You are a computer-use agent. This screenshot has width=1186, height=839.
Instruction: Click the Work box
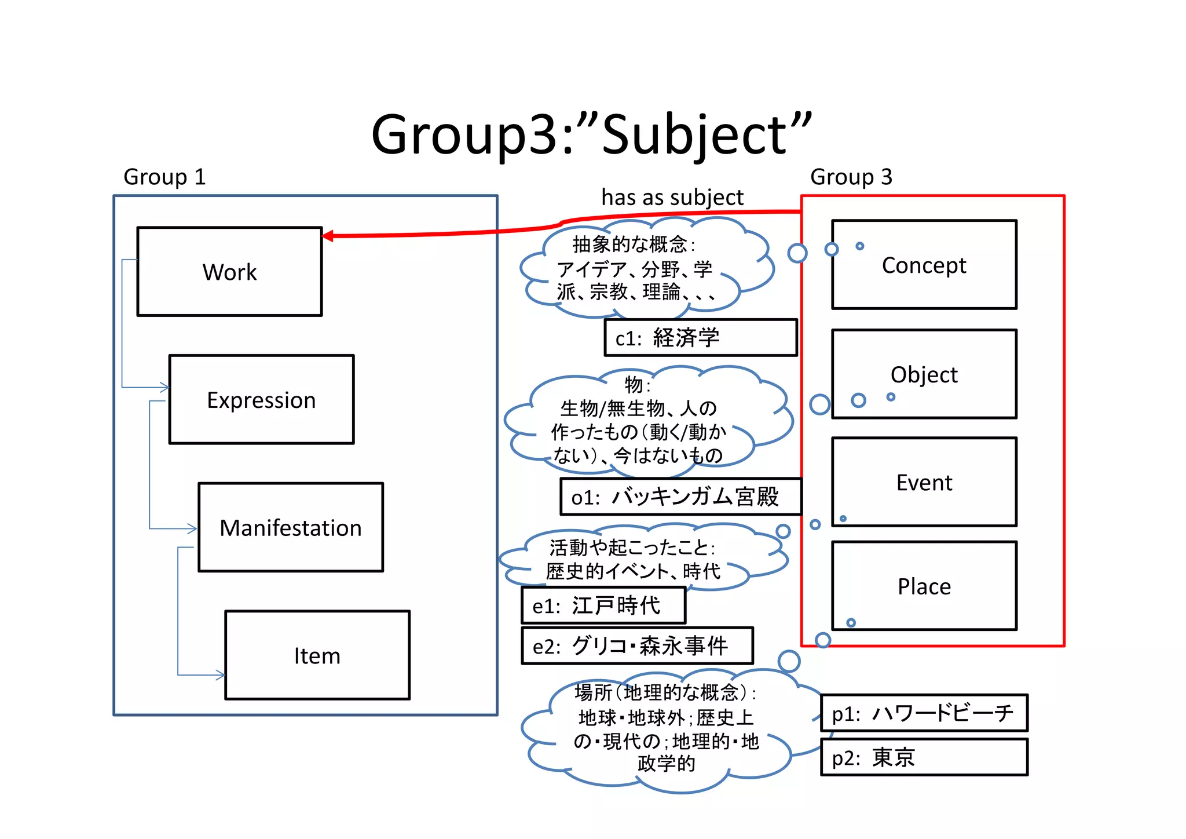(x=229, y=272)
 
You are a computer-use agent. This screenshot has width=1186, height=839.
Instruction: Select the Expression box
(x=261, y=400)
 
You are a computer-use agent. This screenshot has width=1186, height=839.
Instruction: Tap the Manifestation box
(x=290, y=527)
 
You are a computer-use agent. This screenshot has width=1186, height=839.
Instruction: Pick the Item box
(x=317, y=655)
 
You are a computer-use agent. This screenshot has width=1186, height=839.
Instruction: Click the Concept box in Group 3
(x=924, y=265)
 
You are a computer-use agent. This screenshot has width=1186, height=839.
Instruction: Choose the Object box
(x=924, y=374)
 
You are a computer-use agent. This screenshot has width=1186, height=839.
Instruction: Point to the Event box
(x=924, y=482)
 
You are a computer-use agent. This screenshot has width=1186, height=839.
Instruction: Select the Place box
(x=924, y=586)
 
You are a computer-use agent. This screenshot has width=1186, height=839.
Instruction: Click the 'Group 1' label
(x=164, y=177)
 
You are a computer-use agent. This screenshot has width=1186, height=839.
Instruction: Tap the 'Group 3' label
(x=851, y=177)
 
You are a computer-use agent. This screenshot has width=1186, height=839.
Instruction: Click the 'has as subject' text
(x=672, y=198)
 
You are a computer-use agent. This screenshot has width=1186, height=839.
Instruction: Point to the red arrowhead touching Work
(x=328, y=236)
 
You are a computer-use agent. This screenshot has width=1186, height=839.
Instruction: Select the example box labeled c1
(x=700, y=338)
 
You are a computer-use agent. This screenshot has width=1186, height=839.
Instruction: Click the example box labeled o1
(x=680, y=497)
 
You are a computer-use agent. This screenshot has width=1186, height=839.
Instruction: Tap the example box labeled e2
(x=637, y=645)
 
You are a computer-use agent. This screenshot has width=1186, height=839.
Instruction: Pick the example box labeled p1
(x=924, y=713)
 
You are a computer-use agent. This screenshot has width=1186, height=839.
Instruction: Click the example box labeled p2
(x=924, y=757)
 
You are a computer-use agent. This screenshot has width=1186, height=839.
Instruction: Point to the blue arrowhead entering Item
(x=221, y=674)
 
